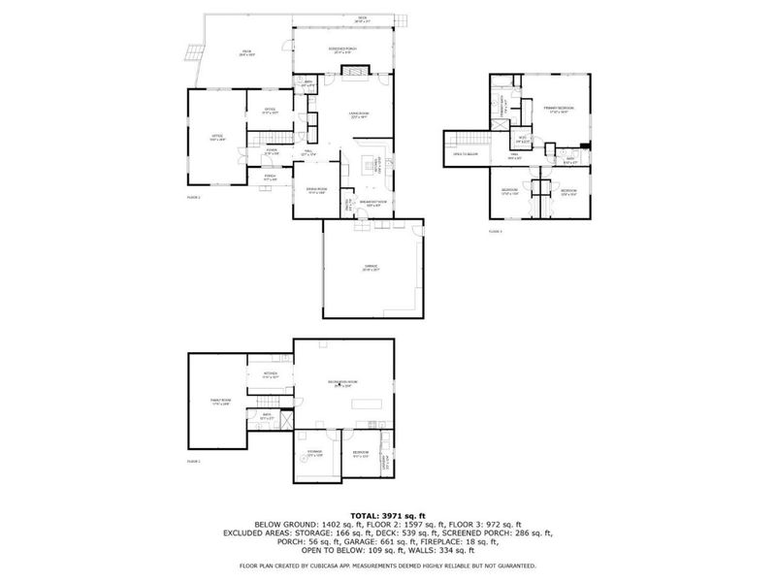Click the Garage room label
click(x=370, y=267)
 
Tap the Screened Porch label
click(x=344, y=50)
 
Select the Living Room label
click(x=358, y=115)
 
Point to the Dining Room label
click(x=316, y=189)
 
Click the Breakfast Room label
click(x=374, y=203)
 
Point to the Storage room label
click(x=315, y=454)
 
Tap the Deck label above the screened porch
click(x=361, y=17)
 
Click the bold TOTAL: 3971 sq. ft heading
click(x=387, y=516)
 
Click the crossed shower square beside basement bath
click(x=284, y=418)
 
